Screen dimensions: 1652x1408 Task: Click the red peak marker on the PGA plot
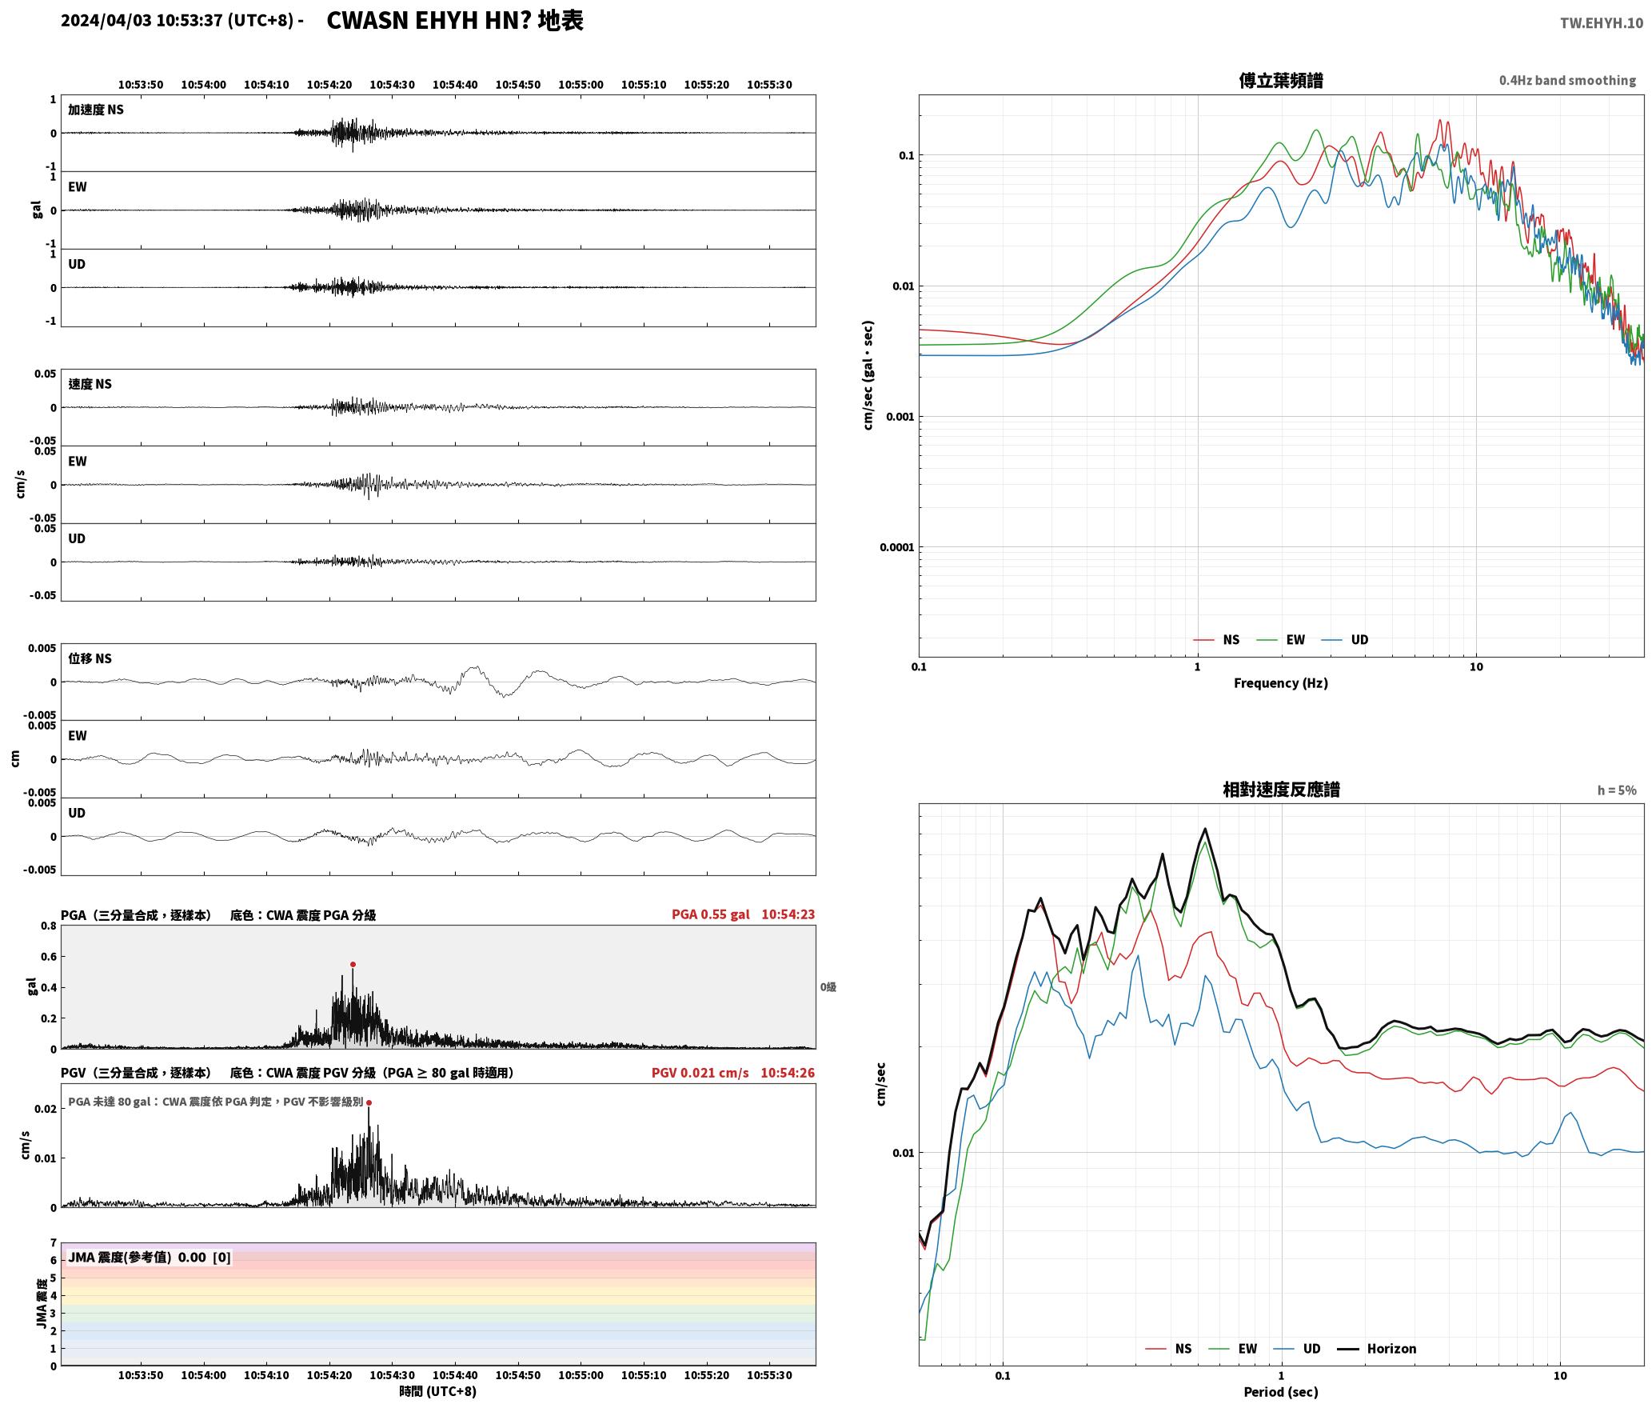click(353, 965)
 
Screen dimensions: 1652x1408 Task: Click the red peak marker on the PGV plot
click(369, 1102)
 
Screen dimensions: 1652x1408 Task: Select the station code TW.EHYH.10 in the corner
click(1602, 23)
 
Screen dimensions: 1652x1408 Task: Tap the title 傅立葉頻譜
click(1281, 81)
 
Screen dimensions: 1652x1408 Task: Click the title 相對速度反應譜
click(1281, 790)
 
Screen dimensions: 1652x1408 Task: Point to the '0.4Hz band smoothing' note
click(1567, 81)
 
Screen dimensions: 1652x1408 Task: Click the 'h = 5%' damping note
click(1617, 790)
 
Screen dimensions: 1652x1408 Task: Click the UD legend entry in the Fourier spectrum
click(1345, 640)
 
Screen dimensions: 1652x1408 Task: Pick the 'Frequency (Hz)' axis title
click(1281, 683)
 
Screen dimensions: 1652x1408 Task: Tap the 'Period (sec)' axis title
click(1281, 1392)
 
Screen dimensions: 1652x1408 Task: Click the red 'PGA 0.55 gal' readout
click(711, 914)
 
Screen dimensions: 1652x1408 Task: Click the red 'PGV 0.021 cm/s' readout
click(700, 1073)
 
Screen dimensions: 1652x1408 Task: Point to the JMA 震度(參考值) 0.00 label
click(150, 1257)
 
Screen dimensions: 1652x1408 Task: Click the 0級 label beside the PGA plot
click(828, 987)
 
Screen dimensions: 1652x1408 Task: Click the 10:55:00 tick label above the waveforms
click(581, 85)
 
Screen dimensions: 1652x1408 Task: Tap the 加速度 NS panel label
click(96, 110)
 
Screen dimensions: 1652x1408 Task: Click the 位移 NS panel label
click(90, 658)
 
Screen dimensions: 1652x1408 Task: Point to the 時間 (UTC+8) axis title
click(438, 1391)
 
